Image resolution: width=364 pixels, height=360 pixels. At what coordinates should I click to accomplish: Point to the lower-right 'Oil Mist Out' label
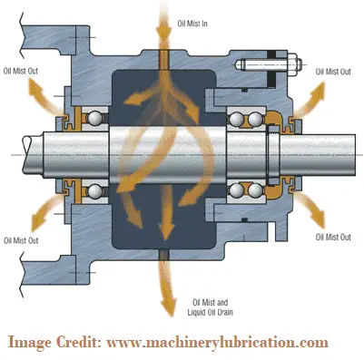point(332,238)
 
